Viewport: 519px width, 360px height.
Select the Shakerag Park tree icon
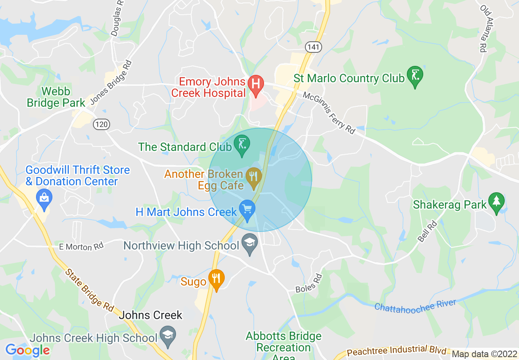point(496,202)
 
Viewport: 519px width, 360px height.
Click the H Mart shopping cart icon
point(247,210)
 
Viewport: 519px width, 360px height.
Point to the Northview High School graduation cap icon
point(249,243)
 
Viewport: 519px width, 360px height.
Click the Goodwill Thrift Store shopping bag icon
point(44,198)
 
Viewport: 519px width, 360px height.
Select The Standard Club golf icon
point(241,144)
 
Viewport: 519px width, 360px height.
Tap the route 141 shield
point(313,47)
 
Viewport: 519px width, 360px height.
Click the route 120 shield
point(101,124)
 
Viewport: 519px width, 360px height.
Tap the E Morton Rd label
point(81,246)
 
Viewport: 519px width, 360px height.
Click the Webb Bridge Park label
point(56,97)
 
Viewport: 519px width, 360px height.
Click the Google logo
point(27,350)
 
